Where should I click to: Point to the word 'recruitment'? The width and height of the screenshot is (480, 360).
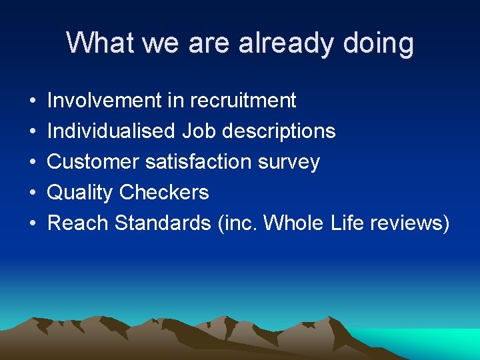click(x=243, y=101)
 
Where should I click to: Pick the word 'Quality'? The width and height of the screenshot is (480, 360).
click(x=81, y=193)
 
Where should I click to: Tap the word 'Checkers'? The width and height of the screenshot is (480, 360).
click(x=164, y=193)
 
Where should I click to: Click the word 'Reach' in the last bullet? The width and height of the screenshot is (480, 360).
click(x=79, y=223)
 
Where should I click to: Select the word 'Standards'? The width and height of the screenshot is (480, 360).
click(x=163, y=223)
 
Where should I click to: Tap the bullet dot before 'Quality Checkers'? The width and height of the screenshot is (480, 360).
click(x=33, y=193)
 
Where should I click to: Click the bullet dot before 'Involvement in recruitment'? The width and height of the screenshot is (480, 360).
click(x=33, y=101)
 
